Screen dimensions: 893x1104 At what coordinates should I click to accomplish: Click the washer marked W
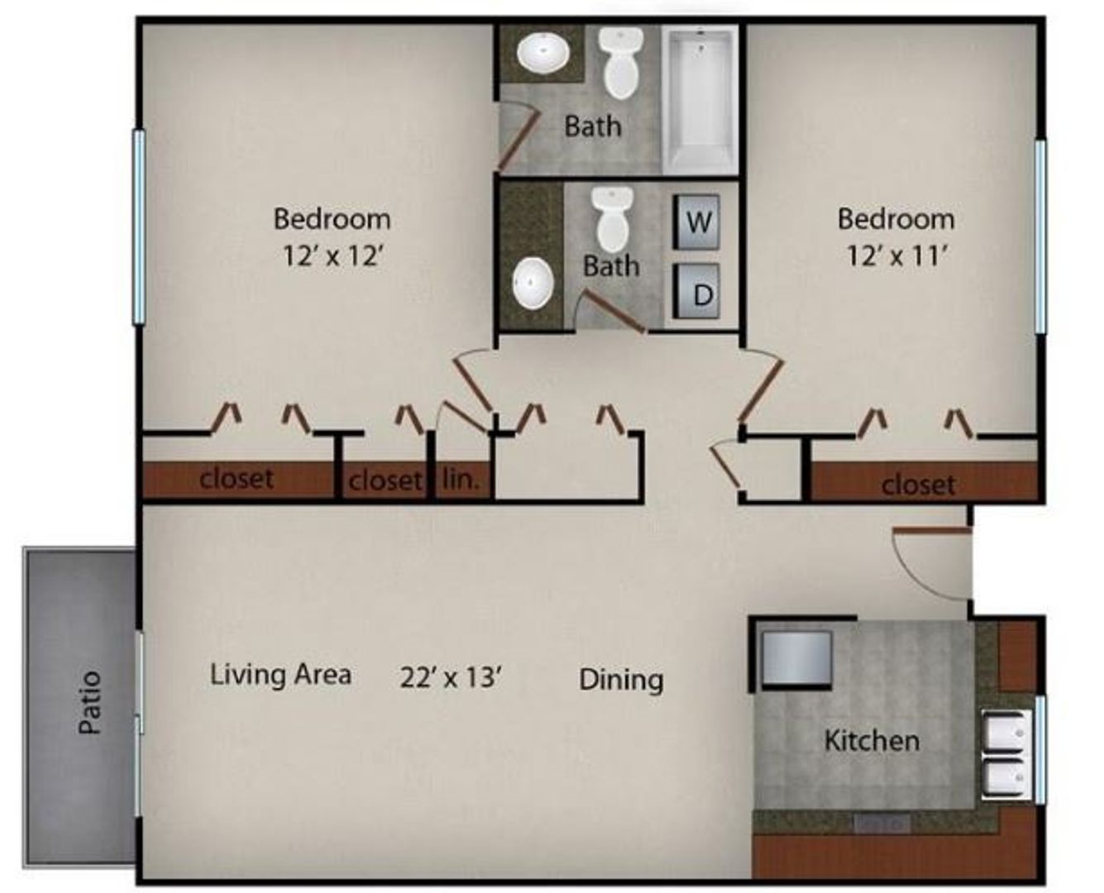click(x=696, y=222)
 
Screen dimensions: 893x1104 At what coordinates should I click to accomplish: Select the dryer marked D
click(x=696, y=292)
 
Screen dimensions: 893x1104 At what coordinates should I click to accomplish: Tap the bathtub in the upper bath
click(x=699, y=98)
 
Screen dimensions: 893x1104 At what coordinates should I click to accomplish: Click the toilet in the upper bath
click(x=621, y=62)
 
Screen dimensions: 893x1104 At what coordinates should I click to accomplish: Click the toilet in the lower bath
click(x=613, y=219)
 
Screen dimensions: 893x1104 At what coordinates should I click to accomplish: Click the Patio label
click(x=90, y=703)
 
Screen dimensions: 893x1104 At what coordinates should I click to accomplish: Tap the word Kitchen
click(x=872, y=740)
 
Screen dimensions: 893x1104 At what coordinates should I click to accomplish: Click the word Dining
click(x=620, y=680)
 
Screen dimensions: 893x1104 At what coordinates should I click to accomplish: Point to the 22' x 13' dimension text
click(x=452, y=677)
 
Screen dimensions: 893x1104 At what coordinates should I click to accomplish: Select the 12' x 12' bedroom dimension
click(x=332, y=255)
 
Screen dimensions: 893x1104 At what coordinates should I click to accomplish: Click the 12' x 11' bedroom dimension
click(x=896, y=255)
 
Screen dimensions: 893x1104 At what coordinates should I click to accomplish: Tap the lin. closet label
click(x=461, y=479)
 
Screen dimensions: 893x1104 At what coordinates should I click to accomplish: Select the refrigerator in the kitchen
click(x=796, y=658)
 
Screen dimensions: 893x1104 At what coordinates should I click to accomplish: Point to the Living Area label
click(x=280, y=675)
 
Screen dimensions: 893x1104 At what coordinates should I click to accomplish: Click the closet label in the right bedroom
click(x=918, y=484)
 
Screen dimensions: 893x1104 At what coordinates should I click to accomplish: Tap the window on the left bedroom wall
click(x=139, y=226)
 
